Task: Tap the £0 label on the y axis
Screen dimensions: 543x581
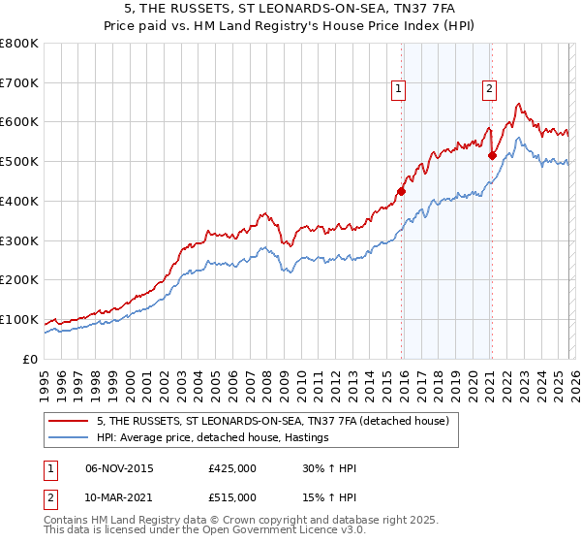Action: pos(31,359)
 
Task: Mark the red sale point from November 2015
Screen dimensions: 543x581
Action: pos(401,191)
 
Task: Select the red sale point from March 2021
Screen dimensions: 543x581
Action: pos(492,155)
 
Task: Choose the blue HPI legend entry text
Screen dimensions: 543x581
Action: pos(213,438)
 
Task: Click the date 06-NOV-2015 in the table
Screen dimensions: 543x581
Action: pos(119,469)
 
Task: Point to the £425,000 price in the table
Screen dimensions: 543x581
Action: pos(231,469)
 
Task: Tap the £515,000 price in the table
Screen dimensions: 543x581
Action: pos(231,496)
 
